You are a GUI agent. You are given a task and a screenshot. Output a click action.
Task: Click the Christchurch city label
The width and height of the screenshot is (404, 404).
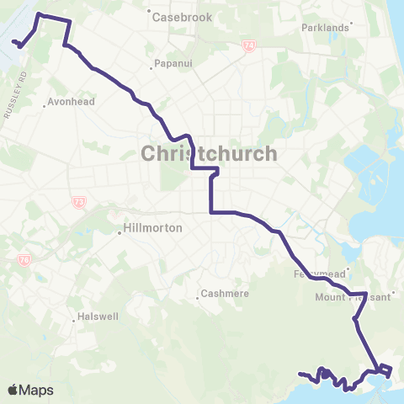point(208,154)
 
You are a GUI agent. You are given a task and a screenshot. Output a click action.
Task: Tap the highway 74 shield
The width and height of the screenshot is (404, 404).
point(248,47)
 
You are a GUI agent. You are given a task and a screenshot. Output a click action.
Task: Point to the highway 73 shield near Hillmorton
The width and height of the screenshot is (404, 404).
point(77,201)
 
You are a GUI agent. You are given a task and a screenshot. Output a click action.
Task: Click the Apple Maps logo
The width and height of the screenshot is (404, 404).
point(29,390)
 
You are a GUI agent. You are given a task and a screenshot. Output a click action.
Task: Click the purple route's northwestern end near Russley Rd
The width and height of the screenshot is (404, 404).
point(13,41)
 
